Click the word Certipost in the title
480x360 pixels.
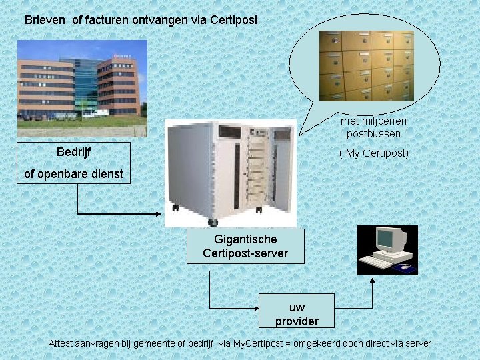pyautogui.click(x=233, y=20)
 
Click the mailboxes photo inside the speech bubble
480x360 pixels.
pyautogui.click(x=366, y=65)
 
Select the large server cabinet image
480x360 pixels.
pyautogui.click(x=230, y=172)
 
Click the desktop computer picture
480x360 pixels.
pyautogui.click(x=387, y=250)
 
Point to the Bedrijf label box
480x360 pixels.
pyautogui.click(x=73, y=152)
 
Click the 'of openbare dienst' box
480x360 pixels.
pyautogui.click(x=73, y=174)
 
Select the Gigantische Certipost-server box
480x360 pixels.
pyautogui.click(x=245, y=246)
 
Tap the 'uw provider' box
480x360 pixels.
pyautogui.click(x=297, y=314)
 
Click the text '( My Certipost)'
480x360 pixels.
pyautogui.click(x=374, y=153)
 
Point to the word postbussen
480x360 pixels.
pyautogui.click(x=373, y=134)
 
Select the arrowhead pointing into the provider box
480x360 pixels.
pyautogui.click(x=256, y=309)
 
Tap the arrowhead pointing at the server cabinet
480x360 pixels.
pyautogui.click(x=161, y=213)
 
